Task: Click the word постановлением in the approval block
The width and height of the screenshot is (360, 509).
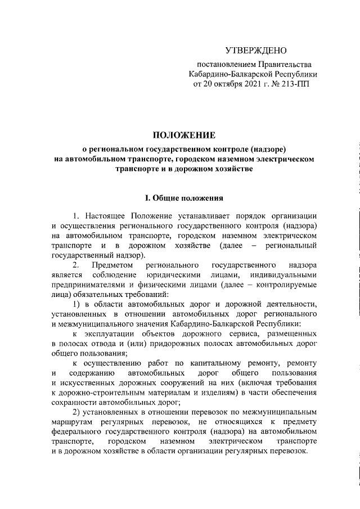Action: tap(224, 65)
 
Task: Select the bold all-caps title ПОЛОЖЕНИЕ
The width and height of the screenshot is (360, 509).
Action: tap(184, 135)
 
